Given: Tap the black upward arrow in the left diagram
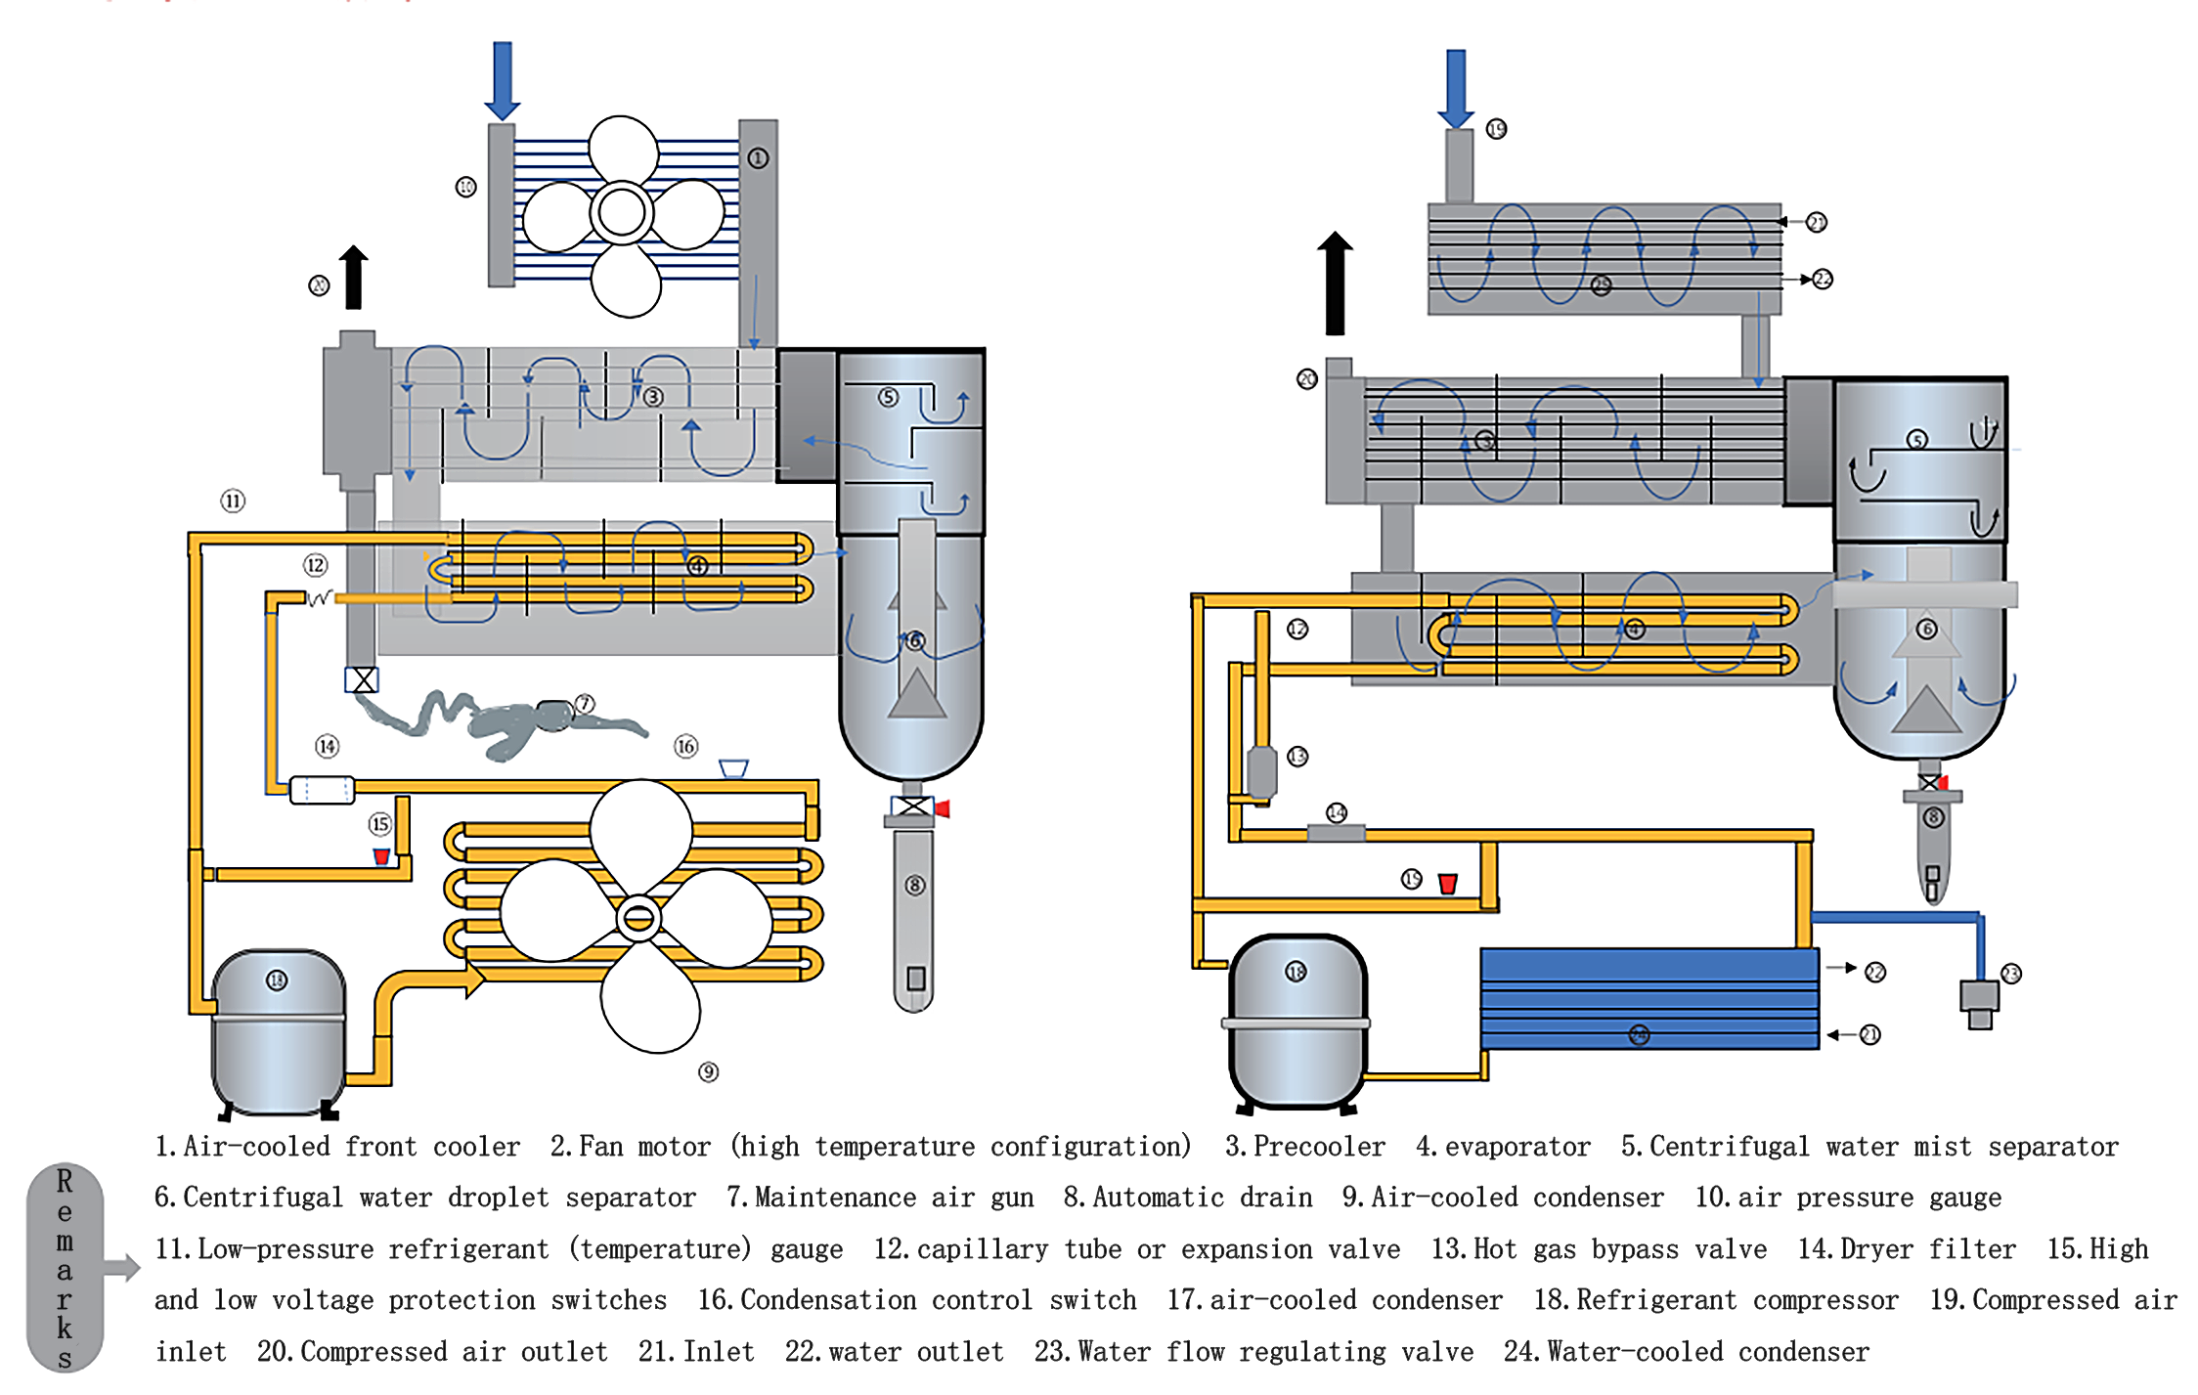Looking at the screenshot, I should click(x=354, y=278).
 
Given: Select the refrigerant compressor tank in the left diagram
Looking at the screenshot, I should click(x=279, y=1031).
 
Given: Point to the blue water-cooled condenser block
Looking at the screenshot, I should click(x=1648, y=998).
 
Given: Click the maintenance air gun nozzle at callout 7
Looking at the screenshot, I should click(x=554, y=715).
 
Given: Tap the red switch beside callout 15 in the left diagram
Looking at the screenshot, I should click(x=381, y=857).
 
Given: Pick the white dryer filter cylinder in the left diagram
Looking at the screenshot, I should click(x=322, y=789).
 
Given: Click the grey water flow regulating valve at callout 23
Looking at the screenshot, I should click(x=1979, y=1001).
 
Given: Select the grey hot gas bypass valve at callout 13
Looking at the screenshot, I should click(x=1262, y=772).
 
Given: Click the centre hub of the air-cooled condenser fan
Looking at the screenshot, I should click(x=639, y=918).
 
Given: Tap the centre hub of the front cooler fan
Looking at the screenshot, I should click(x=622, y=213).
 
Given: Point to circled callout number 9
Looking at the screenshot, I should click(x=708, y=1072).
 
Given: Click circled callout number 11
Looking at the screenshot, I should click(x=232, y=501).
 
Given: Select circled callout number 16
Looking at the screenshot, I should click(x=685, y=747).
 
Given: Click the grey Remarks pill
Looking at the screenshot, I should click(x=65, y=1268).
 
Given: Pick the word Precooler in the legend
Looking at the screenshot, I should click(x=1318, y=1147).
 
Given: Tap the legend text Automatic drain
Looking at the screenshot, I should click(x=1202, y=1198).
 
